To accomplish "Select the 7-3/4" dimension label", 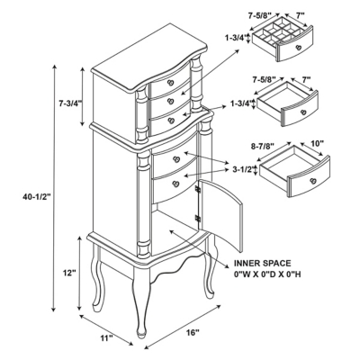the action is [70, 103].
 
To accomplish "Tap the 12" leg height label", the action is [69, 273].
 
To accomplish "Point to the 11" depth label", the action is [106, 338].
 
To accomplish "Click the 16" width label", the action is [193, 332].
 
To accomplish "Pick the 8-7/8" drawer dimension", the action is [263, 146].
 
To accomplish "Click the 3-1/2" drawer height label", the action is [242, 169].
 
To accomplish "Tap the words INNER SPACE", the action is [262, 264].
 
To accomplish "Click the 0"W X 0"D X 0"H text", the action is [267, 274].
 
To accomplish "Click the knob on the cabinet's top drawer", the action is [171, 83].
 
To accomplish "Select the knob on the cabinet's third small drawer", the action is [171, 121].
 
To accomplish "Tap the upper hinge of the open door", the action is [198, 189].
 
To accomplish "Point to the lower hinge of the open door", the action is [198, 218].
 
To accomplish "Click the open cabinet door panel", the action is [221, 214].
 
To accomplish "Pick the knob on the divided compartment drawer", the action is [298, 48].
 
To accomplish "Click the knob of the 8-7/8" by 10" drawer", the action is [313, 181].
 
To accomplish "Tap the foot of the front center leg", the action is [141, 334].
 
